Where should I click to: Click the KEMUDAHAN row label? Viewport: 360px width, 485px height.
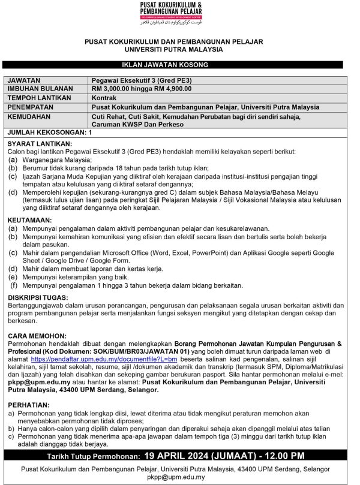coord(28,116)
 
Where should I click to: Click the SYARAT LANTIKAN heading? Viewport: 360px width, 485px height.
coord(40,144)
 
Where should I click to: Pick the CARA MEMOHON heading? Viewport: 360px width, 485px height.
coord(35,336)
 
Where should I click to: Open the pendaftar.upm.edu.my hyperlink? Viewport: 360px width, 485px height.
coord(109,358)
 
